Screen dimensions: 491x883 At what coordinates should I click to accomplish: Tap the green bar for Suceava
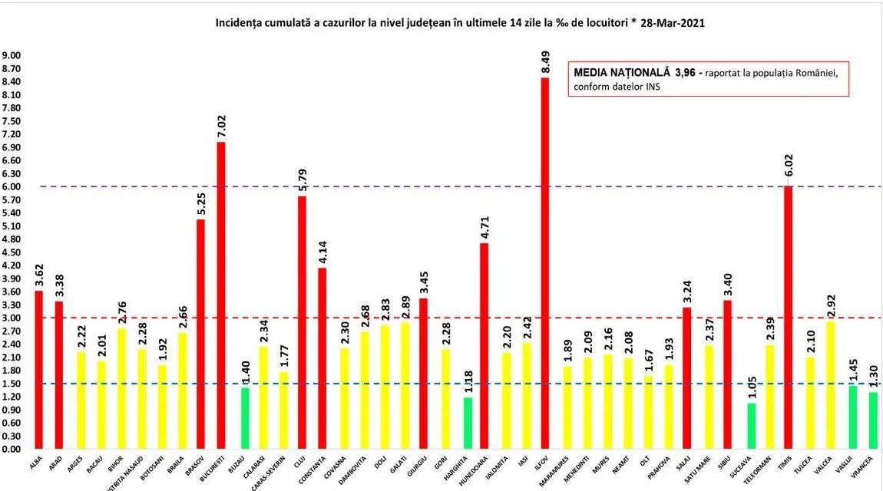[x=751, y=426]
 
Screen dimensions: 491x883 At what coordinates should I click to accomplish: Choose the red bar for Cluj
[x=302, y=322]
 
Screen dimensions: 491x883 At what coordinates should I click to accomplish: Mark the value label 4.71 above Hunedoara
[x=485, y=228]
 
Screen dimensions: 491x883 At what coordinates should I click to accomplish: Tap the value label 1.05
[x=751, y=388]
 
